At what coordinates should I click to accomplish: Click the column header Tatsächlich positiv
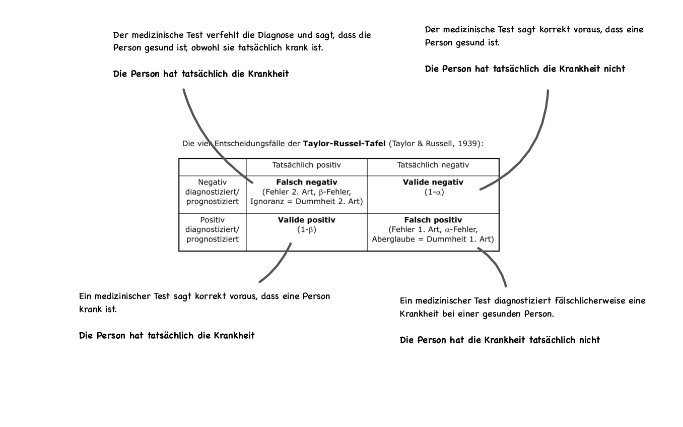click(x=306, y=165)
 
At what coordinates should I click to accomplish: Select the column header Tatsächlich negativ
click(x=433, y=165)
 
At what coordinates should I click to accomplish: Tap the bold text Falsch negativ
click(x=307, y=182)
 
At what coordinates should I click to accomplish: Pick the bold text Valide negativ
click(x=433, y=182)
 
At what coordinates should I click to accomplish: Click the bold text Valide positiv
click(x=306, y=220)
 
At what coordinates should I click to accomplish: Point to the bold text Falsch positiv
click(x=433, y=220)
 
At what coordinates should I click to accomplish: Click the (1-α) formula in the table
click(x=433, y=192)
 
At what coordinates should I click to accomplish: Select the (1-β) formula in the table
click(x=306, y=230)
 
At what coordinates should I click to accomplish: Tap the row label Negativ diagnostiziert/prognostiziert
click(x=212, y=192)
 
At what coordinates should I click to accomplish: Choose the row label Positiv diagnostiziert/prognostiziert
click(x=212, y=230)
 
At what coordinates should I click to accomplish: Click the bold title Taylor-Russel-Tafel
click(x=344, y=144)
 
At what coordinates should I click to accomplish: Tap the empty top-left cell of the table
click(x=212, y=167)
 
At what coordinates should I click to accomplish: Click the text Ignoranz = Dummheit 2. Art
click(x=306, y=202)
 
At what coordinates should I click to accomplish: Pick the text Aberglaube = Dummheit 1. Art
click(x=433, y=239)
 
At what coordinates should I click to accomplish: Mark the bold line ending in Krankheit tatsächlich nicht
click(x=500, y=340)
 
